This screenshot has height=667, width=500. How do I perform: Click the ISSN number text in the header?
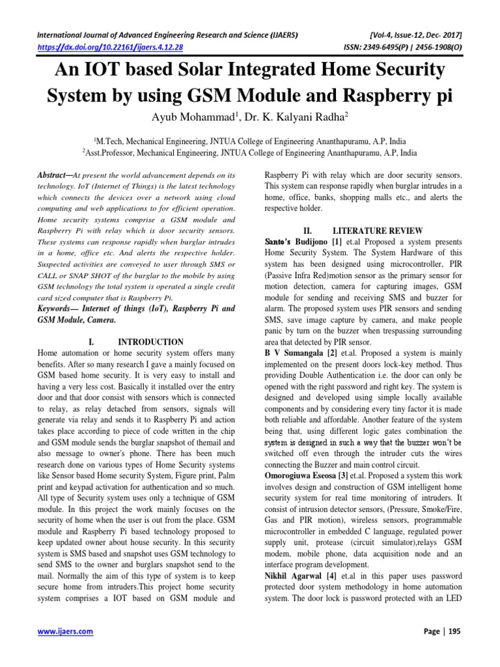(x=398, y=47)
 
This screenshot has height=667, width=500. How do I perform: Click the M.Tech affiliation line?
(x=250, y=139)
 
